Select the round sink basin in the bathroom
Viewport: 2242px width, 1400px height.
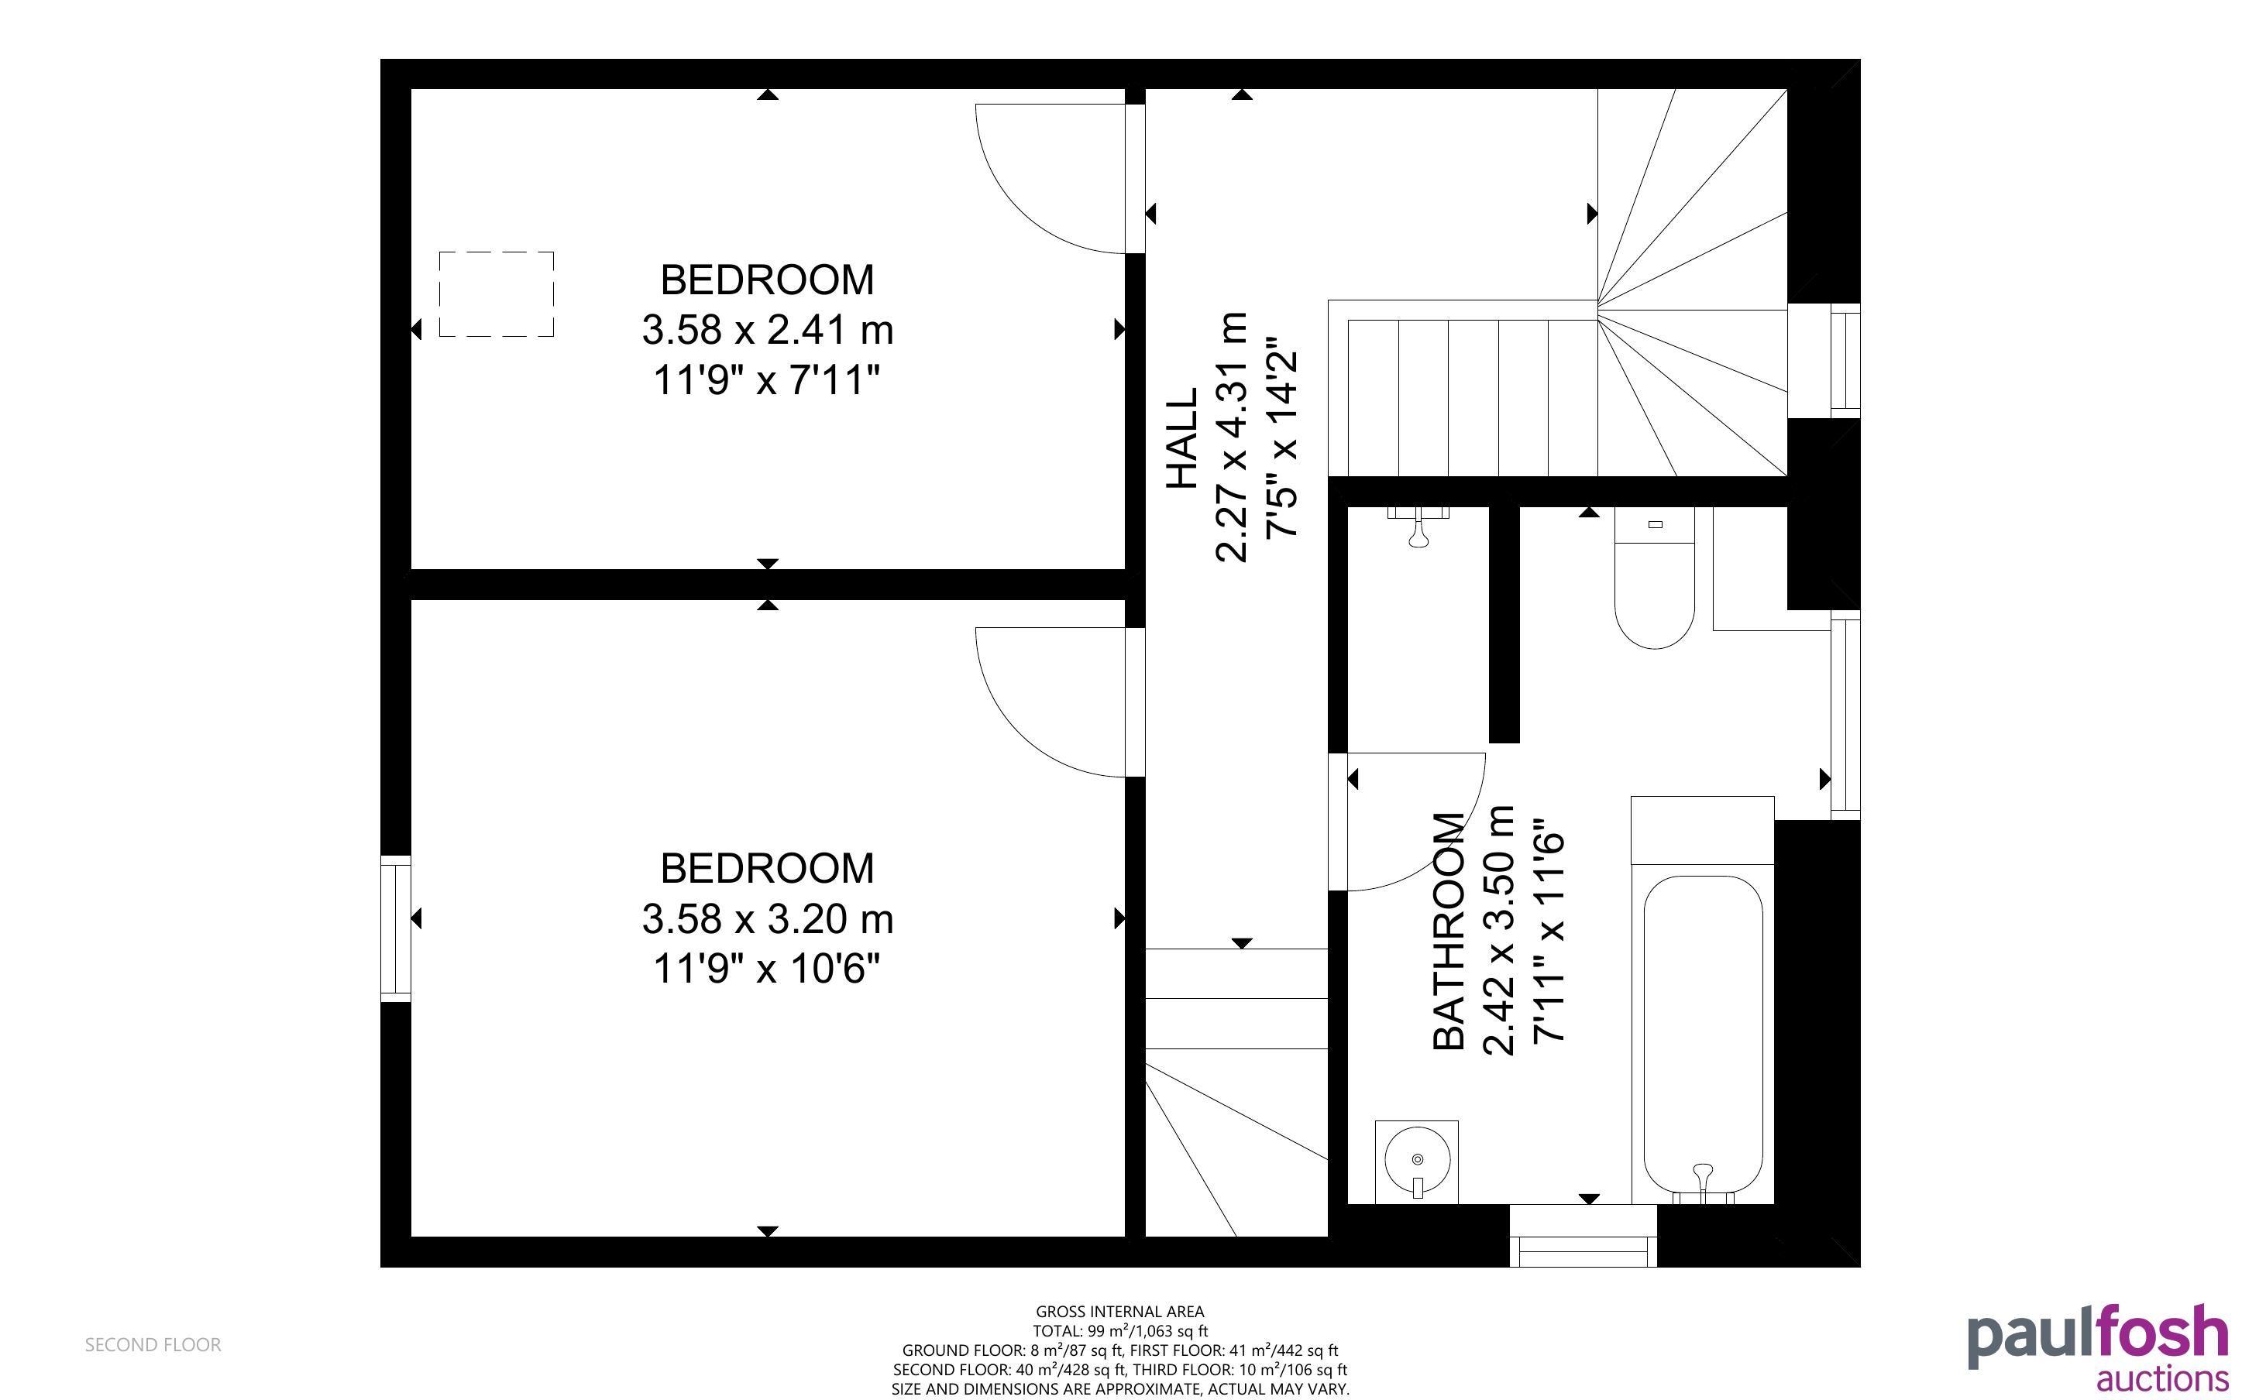pos(1417,1159)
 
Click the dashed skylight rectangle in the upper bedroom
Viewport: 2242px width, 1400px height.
pos(497,293)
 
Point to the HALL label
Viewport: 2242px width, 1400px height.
pos(1182,438)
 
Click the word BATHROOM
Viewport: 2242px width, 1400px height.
pos(1449,931)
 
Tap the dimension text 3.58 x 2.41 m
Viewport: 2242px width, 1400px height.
pos(768,330)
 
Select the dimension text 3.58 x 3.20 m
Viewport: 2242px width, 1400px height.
pos(768,919)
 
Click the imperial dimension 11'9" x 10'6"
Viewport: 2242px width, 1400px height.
pos(767,969)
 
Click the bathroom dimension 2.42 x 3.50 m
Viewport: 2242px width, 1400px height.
pos(1499,931)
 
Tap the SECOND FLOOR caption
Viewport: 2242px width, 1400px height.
pos(153,1344)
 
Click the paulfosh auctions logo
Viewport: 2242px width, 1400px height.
pos(2098,1348)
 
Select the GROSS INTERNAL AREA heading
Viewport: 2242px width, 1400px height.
pos(1119,1311)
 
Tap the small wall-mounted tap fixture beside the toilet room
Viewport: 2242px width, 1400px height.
pos(1417,525)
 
